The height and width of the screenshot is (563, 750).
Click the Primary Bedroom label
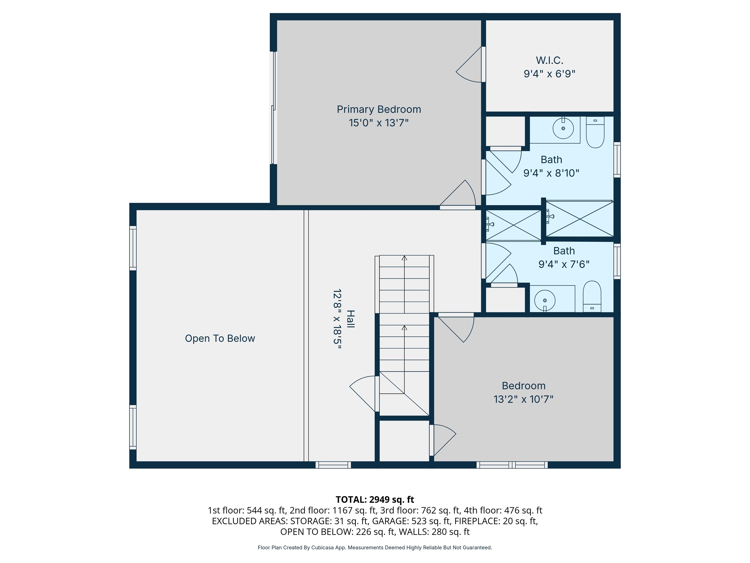379,109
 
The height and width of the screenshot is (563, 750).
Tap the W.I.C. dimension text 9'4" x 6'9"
549,74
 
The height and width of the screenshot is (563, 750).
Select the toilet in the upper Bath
595,132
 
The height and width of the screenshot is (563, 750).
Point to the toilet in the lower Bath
592,296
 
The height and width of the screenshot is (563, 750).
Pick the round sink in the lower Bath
544,300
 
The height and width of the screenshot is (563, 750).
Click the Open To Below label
220,338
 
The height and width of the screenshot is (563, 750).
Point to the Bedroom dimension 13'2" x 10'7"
523,399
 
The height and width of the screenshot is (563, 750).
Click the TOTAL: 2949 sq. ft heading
375,499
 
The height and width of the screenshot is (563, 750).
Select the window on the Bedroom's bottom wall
512,465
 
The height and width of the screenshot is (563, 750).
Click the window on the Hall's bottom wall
333,465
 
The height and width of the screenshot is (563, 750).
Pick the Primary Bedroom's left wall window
273,108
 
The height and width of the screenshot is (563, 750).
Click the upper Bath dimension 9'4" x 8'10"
551,173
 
